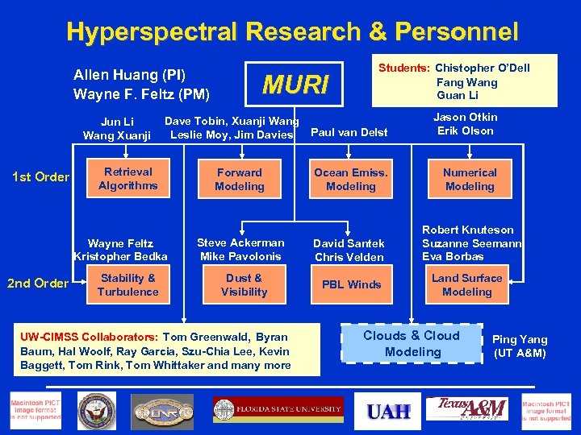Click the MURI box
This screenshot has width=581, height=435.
click(x=297, y=84)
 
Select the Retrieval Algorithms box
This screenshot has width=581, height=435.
click(x=127, y=179)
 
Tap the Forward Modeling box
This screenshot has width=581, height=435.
click(x=240, y=179)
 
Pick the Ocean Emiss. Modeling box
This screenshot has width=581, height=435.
click(x=350, y=179)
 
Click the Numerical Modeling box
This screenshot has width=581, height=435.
click(x=470, y=179)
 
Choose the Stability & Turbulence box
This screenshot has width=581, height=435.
click(x=127, y=284)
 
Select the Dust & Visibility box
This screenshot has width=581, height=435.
click(x=243, y=284)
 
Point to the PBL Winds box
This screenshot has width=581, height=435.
click(x=351, y=284)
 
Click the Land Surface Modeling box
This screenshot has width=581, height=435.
click(x=466, y=284)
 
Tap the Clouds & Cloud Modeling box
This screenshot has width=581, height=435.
click(x=412, y=343)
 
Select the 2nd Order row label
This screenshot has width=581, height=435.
click(x=37, y=283)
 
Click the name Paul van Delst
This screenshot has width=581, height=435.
click(x=349, y=132)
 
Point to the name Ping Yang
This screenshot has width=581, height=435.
click(x=520, y=340)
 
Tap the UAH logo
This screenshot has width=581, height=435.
click(x=388, y=412)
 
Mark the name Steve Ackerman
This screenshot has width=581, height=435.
click(x=240, y=242)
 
